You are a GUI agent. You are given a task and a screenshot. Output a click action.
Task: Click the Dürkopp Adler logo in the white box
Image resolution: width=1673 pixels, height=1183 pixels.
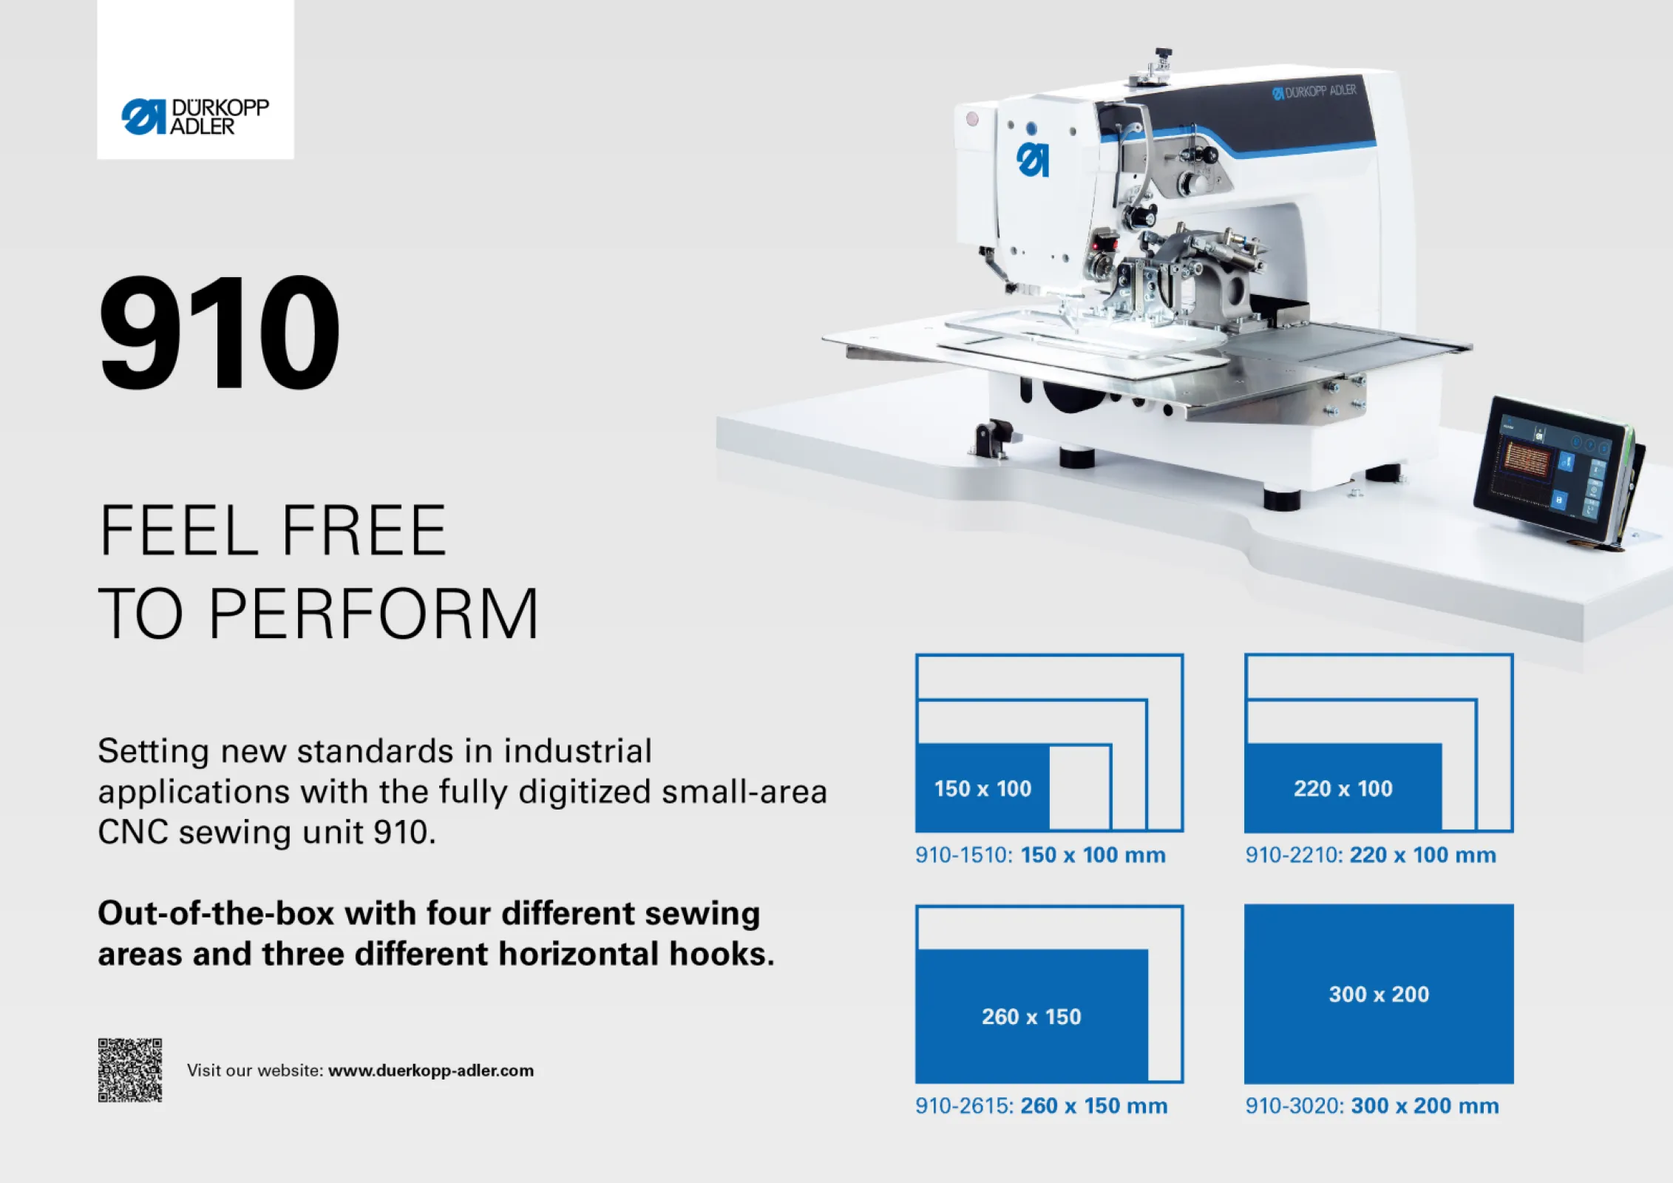pyautogui.click(x=195, y=117)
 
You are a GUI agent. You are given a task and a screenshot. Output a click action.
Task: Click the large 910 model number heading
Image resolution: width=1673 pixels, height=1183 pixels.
pyautogui.click(x=220, y=332)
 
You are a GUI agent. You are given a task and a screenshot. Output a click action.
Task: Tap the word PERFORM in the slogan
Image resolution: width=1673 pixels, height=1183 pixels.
pyautogui.click(x=373, y=614)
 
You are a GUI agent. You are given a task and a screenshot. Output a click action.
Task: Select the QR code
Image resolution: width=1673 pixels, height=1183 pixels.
pyautogui.click(x=130, y=1070)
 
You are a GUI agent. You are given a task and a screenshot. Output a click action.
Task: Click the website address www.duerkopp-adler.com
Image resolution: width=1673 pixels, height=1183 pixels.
pyautogui.click(x=430, y=1071)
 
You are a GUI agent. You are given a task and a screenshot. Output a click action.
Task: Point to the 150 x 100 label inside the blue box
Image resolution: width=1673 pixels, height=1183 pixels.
pyautogui.click(x=983, y=789)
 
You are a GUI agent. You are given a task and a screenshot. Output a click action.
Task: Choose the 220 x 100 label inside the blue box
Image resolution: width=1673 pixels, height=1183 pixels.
pyautogui.click(x=1343, y=789)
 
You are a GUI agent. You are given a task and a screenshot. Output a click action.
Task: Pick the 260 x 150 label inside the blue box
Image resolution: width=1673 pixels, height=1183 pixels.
pyautogui.click(x=1031, y=1017)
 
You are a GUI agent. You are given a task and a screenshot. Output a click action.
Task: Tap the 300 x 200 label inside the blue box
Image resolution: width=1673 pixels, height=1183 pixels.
pyautogui.click(x=1379, y=994)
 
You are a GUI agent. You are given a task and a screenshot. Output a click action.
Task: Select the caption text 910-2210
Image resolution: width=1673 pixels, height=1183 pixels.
pyautogui.click(x=1293, y=855)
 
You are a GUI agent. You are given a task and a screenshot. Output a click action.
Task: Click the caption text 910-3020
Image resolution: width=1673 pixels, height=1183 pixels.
pyautogui.click(x=1293, y=1106)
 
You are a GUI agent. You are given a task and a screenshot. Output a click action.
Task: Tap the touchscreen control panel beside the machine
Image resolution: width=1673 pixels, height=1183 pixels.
pyautogui.click(x=1553, y=470)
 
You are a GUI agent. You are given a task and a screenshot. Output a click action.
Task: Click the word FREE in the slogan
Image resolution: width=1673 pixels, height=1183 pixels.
pyautogui.click(x=364, y=530)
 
